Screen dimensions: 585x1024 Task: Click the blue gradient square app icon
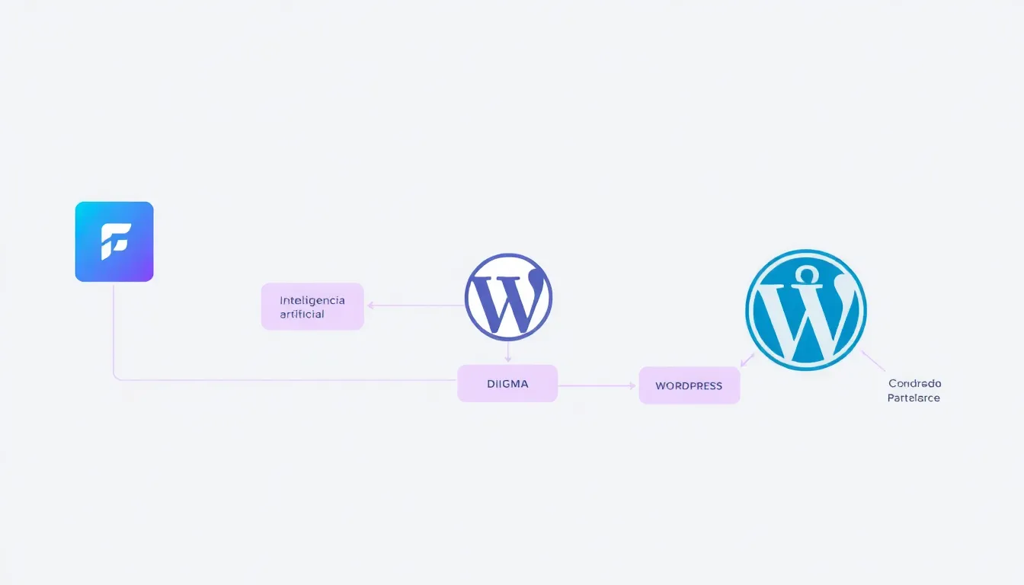[x=114, y=241]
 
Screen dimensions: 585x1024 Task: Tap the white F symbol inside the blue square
[x=116, y=241]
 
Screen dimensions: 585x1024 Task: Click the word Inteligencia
[x=312, y=300]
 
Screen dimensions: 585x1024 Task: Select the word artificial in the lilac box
[x=302, y=314]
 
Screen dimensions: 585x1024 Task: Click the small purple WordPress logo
[x=508, y=297]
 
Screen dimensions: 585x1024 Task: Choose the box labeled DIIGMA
[x=507, y=384]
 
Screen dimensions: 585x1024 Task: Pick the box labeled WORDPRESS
[x=689, y=385]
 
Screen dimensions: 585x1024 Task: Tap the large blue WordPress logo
[x=805, y=310]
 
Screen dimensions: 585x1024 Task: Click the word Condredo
[x=914, y=383]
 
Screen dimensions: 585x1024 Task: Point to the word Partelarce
[x=914, y=398]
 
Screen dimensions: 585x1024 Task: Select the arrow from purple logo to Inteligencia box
[x=415, y=305]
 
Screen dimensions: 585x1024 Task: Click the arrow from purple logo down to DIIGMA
[x=508, y=351]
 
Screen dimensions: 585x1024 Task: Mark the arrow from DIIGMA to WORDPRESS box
[x=597, y=385]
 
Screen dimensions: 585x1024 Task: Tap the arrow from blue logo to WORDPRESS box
[x=747, y=360]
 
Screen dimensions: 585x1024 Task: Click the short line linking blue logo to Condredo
[x=873, y=360]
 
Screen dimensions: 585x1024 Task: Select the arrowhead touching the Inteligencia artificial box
[x=370, y=305]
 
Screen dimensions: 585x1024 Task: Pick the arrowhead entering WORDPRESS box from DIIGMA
[x=632, y=385]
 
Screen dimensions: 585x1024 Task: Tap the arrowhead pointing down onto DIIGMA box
[x=508, y=359]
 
